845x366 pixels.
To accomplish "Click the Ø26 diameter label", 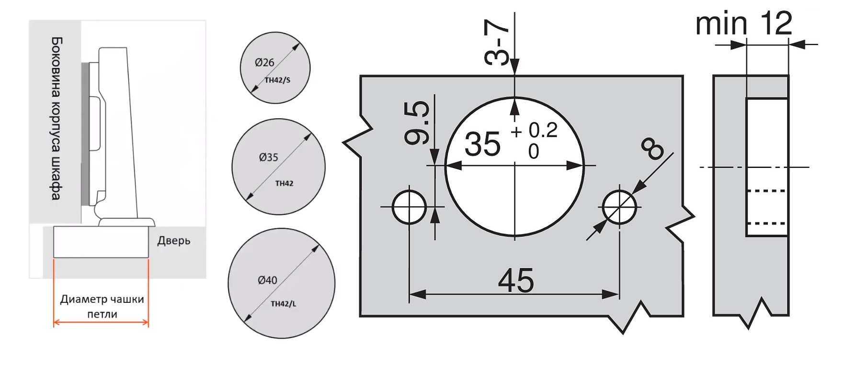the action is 264,62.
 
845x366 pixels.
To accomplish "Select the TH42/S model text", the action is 277,80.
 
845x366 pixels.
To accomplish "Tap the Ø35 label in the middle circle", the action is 268,157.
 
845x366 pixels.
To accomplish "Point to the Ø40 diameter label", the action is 267,280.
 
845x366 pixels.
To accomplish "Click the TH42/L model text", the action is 283,303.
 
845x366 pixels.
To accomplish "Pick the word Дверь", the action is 173,240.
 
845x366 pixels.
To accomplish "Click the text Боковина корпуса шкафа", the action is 57,118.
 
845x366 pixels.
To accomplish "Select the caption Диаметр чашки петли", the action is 102,307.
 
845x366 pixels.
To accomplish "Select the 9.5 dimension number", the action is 417,122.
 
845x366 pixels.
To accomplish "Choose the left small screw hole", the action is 409,207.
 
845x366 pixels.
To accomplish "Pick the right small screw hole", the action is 619,207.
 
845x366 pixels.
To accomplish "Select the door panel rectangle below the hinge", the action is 101,242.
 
